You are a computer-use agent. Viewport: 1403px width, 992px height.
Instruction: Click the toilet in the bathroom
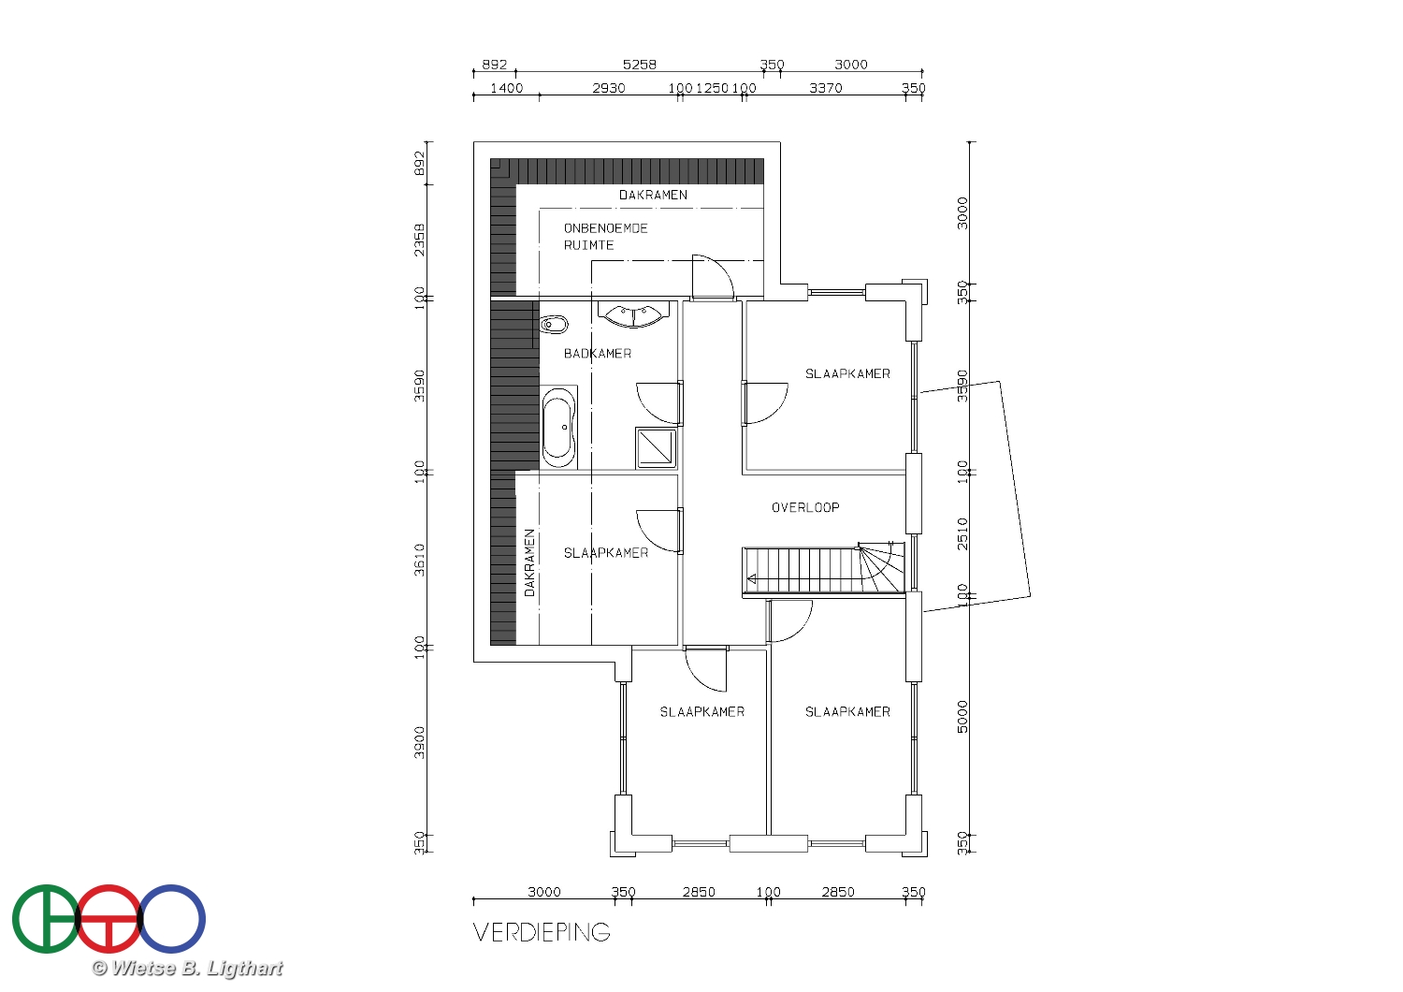pos(553,325)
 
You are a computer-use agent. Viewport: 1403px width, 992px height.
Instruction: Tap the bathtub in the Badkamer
pos(558,428)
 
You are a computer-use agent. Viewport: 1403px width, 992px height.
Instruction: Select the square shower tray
pos(657,447)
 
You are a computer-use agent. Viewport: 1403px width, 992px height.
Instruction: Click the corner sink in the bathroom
pos(633,315)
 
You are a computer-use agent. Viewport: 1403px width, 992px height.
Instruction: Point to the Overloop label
pos(805,507)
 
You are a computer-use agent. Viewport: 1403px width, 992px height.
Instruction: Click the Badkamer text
pos(598,354)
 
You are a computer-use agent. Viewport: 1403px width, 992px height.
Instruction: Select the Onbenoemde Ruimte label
pos(605,236)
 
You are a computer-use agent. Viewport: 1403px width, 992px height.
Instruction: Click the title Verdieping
pos(542,932)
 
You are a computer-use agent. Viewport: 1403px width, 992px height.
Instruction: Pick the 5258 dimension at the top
pos(640,65)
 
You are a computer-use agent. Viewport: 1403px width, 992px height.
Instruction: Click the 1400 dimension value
pos(506,88)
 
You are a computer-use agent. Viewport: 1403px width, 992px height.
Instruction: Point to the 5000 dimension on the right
pos(962,716)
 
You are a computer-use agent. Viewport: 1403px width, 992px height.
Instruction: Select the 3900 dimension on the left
pos(419,742)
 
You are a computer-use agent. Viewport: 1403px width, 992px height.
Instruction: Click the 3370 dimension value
pos(826,88)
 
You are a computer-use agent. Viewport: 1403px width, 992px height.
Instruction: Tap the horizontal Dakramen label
pos(653,195)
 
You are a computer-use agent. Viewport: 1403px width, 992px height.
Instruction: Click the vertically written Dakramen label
pos(530,562)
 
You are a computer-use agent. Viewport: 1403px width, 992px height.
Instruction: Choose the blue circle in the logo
pos(171,919)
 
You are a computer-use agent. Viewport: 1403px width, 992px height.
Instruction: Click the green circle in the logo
pos(47,919)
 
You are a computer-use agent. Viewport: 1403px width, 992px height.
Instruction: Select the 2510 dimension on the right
pos(962,534)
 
